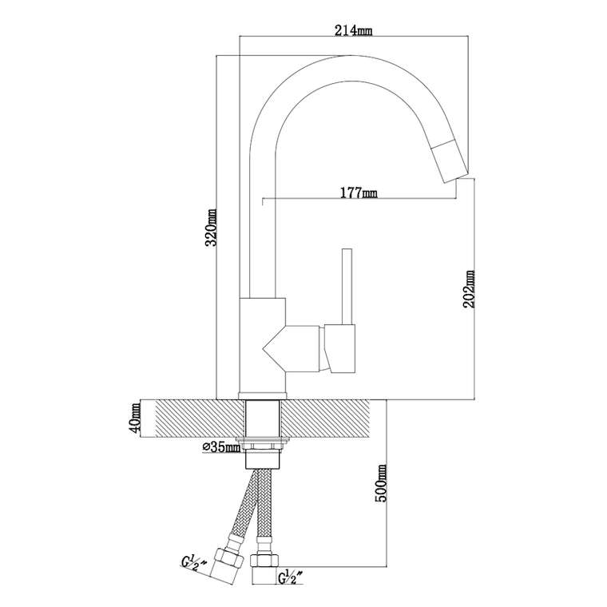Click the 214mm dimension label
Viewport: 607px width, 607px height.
[x=353, y=30]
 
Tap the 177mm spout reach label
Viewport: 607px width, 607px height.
[x=358, y=192]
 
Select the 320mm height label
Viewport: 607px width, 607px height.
[x=212, y=228]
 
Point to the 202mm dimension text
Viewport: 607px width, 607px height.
[x=469, y=289]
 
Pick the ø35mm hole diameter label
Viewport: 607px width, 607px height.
[x=221, y=447]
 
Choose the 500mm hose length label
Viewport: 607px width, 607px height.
[x=381, y=483]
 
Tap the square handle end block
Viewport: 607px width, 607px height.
[x=340, y=349]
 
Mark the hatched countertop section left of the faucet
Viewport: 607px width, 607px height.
[x=200, y=417]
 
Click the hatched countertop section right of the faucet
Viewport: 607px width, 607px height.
[x=324, y=417]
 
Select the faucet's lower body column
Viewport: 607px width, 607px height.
[x=263, y=344]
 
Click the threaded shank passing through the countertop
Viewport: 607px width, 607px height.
[x=263, y=417]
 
